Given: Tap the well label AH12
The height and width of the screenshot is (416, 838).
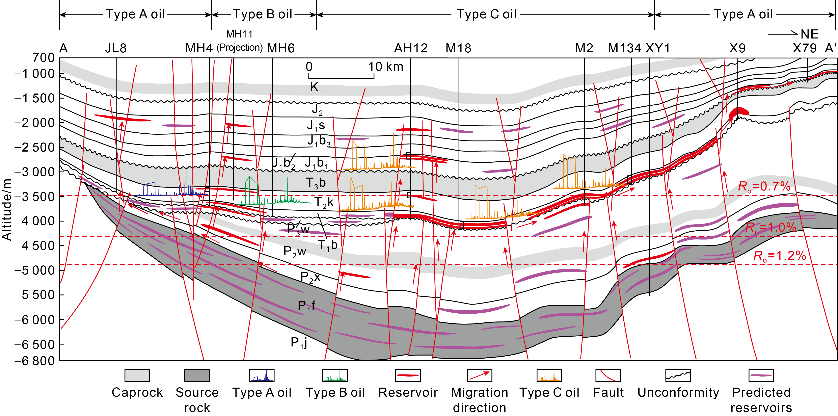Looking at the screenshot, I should [x=411, y=48].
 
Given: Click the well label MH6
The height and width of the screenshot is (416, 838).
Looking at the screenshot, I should [x=280, y=48].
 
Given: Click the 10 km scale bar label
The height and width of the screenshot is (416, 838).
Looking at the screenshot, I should [x=385, y=67].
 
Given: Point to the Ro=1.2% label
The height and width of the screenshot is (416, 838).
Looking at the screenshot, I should [x=779, y=256].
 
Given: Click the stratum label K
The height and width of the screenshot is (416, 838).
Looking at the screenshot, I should [x=314, y=87].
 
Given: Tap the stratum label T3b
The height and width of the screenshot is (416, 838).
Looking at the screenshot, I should [x=316, y=183].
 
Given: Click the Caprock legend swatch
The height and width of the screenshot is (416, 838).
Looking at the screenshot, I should [x=137, y=375].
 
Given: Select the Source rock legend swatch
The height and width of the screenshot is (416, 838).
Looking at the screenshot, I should [x=197, y=375].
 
